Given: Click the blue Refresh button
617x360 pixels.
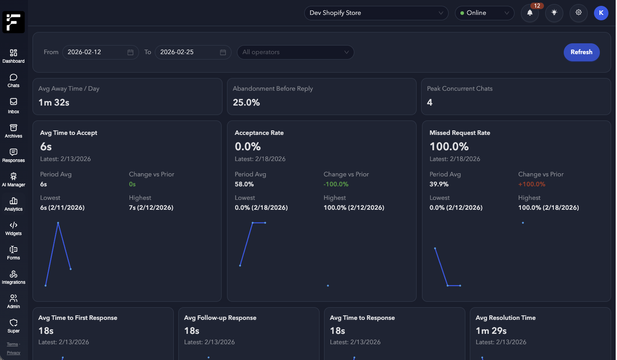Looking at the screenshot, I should [x=581, y=52].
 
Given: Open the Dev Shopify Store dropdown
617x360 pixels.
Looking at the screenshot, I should [x=376, y=13].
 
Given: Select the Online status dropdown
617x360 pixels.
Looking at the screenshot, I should [x=484, y=13].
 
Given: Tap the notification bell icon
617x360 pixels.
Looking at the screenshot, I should [x=530, y=13].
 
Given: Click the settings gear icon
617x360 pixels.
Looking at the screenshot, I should [x=578, y=13].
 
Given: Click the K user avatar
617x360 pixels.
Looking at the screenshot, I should [x=601, y=13].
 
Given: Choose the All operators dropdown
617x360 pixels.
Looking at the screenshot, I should [x=295, y=52].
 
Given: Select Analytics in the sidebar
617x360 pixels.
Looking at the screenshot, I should [x=14, y=204].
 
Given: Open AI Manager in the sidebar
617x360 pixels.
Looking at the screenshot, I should [x=14, y=180].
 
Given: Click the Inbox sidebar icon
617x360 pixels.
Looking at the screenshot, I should [x=14, y=106].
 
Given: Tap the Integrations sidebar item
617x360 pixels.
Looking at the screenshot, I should [x=14, y=277].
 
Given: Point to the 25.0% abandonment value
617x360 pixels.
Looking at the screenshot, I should [x=246, y=102].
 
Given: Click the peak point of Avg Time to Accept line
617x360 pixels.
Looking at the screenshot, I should [x=58, y=223].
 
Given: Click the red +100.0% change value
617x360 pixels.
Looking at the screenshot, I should [x=532, y=184].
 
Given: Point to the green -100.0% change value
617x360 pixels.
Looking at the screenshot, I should [x=336, y=184].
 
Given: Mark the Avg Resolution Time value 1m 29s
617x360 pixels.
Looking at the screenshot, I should [x=491, y=331].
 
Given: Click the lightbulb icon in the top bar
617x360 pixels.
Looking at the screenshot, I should [x=554, y=13].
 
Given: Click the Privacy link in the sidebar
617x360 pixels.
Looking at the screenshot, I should [x=14, y=353].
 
